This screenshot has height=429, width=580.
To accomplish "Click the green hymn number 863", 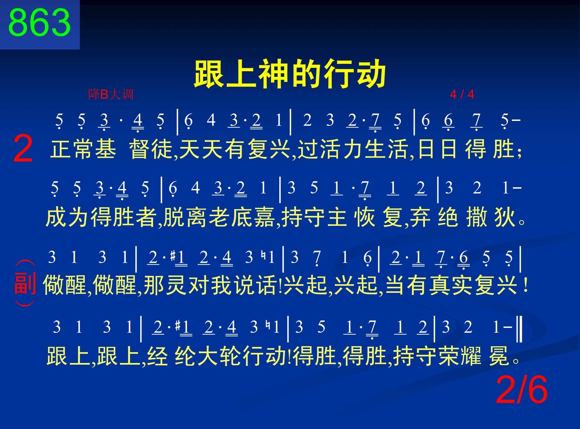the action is pos(40,23).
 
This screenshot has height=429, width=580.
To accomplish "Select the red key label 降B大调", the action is pos(111,94).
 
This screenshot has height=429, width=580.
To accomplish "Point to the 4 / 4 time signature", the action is pos(462,94).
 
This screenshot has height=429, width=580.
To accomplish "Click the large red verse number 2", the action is pos(23,149).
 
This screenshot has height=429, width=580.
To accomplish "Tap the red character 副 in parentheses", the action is pos(25,283).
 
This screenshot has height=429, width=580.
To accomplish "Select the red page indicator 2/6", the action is pos(522,390).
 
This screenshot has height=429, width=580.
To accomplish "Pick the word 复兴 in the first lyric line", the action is pos(269,149).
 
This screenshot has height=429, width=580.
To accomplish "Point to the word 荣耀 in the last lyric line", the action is pos(460,356).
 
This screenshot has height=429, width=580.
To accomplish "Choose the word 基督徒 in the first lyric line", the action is pos(111,149).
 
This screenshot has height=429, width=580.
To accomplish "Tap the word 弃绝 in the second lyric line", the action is pos(434,217).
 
